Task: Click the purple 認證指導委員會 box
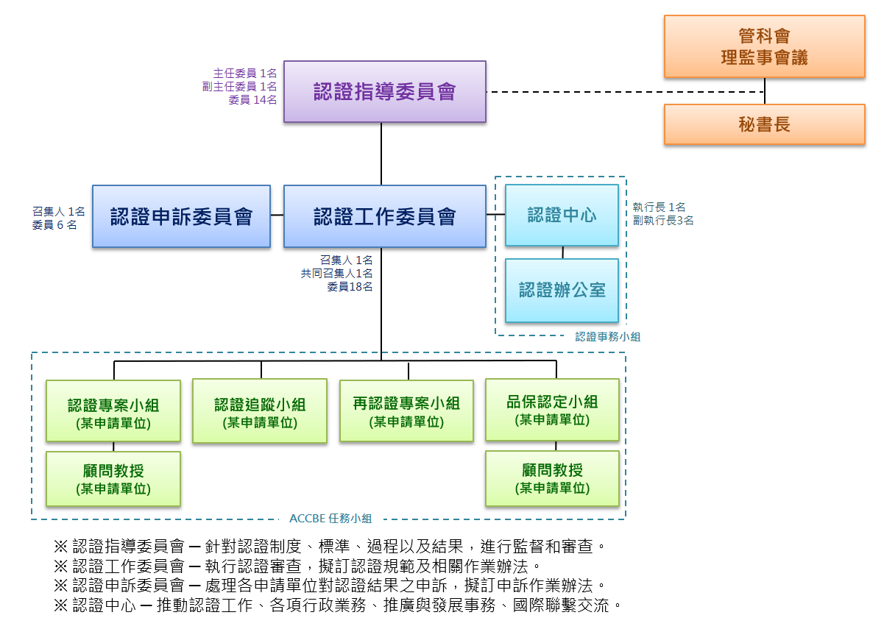pos(384,91)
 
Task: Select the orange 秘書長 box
pos(764,124)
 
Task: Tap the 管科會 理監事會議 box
pos(764,46)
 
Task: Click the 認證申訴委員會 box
pos(181,216)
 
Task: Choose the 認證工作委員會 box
pos(384,216)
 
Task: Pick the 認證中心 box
pos(562,215)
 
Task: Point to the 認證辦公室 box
pos(562,290)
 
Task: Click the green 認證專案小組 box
pos(113,411)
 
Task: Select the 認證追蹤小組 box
pos(260,411)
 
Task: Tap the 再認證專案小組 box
pos(406,410)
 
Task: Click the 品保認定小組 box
pos(552,409)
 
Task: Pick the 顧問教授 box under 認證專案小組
pos(113,478)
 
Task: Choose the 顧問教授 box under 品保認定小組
pos(552,478)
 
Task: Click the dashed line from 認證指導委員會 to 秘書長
pos(626,92)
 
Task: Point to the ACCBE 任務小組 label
pos(330,518)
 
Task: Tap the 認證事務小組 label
pos(607,336)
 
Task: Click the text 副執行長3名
pos(662,220)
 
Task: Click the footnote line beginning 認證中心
pos(339,606)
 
